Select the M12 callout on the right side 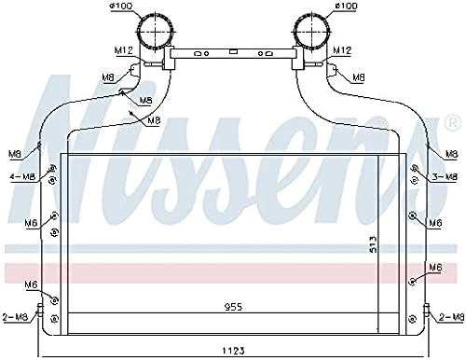[342, 49]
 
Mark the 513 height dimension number [371, 244]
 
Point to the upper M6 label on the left [31, 223]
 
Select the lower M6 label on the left [31, 284]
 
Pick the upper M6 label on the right [434, 223]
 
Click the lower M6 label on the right [434, 268]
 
